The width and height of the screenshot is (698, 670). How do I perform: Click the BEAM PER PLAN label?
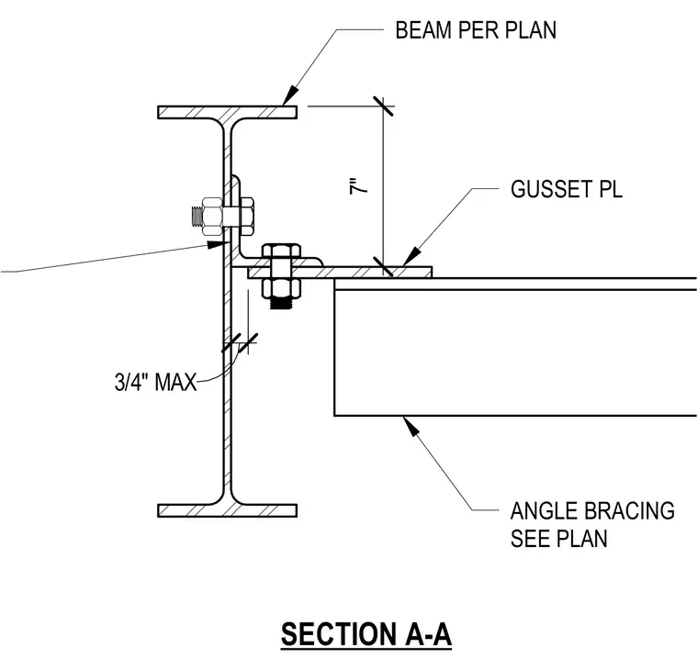tap(476, 30)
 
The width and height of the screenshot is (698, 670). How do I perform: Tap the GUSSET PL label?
tap(567, 189)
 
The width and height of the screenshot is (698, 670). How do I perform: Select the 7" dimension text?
tap(359, 186)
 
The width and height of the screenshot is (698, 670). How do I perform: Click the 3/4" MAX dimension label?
tap(156, 382)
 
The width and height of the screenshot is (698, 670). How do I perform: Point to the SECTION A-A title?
tap(366, 634)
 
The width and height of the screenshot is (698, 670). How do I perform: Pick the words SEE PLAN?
tap(559, 539)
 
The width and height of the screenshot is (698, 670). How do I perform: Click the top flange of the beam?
tap(228, 112)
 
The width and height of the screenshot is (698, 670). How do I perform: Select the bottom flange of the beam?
tap(228, 510)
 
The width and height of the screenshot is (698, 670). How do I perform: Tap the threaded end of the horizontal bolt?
tap(196, 217)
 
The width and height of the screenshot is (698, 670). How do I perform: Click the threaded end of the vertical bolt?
tap(281, 304)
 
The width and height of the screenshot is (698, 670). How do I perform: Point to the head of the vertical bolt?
tap(281, 251)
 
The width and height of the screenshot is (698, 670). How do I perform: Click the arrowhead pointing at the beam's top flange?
tap(289, 96)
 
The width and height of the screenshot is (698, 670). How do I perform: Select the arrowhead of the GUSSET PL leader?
tap(411, 256)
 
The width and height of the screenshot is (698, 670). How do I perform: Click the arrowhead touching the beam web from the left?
tap(218, 244)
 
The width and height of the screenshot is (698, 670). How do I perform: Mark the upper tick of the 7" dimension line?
tap(383, 106)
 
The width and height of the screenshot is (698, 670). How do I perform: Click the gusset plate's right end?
tap(431, 273)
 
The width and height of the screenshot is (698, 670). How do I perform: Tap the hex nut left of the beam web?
tap(212, 217)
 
